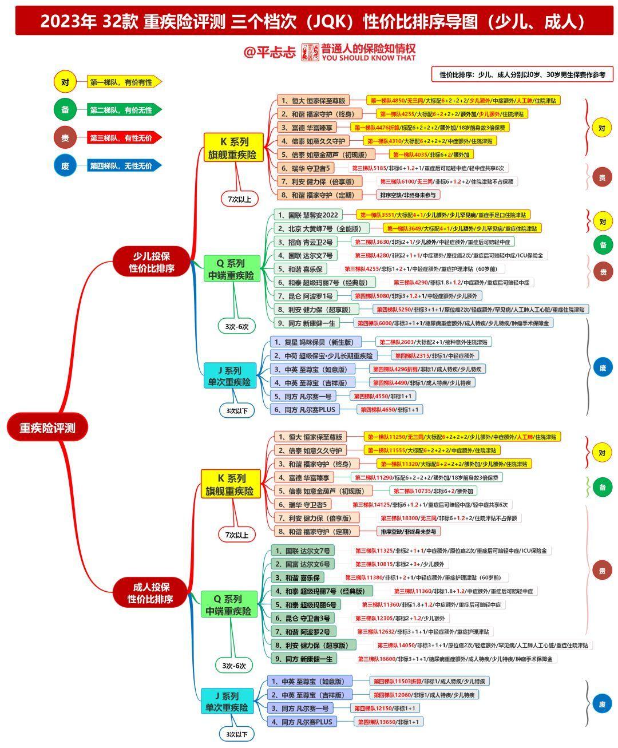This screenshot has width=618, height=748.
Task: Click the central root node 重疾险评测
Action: (47, 427)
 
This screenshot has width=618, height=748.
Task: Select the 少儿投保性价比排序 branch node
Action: (151, 262)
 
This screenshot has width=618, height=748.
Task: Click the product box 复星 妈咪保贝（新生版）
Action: (315, 342)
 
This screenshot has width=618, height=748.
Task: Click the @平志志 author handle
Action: (270, 52)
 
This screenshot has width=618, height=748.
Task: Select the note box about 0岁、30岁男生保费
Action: (522, 74)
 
